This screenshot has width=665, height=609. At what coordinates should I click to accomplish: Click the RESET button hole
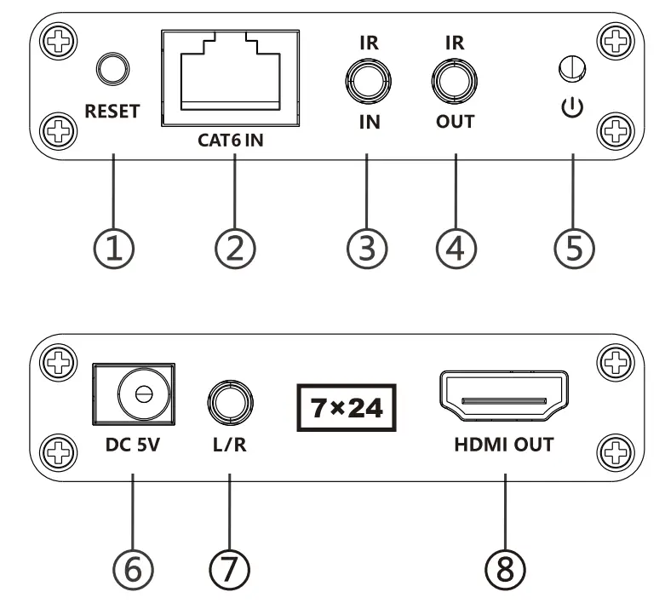click(112, 69)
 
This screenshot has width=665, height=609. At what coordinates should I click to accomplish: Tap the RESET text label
click(112, 112)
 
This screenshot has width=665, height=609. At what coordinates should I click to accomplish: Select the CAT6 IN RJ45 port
click(230, 78)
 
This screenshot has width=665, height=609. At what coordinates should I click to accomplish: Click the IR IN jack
click(368, 81)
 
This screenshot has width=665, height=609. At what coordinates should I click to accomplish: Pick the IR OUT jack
click(454, 81)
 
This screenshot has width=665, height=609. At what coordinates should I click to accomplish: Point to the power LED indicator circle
click(572, 68)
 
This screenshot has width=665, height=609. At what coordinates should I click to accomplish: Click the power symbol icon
click(572, 107)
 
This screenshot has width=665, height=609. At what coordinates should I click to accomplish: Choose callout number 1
click(113, 249)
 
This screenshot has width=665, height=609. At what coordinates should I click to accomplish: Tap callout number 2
click(235, 249)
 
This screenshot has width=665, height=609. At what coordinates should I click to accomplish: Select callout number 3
click(367, 249)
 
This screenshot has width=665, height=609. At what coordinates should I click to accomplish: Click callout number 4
click(456, 249)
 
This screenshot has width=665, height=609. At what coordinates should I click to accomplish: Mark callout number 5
click(574, 249)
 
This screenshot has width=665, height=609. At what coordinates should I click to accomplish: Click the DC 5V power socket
click(134, 394)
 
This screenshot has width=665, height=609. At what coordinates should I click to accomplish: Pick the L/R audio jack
click(230, 403)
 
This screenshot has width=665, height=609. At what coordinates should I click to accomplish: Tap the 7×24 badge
click(347, 408)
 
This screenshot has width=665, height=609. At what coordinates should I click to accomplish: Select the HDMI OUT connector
click(504, 395)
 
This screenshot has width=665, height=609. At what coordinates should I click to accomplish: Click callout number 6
click(133, 570)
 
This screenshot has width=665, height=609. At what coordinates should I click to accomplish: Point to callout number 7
click(229, 570)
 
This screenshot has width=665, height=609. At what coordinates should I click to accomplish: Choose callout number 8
click(505, 570)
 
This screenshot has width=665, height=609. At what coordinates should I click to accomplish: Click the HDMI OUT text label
click(504, 445)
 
